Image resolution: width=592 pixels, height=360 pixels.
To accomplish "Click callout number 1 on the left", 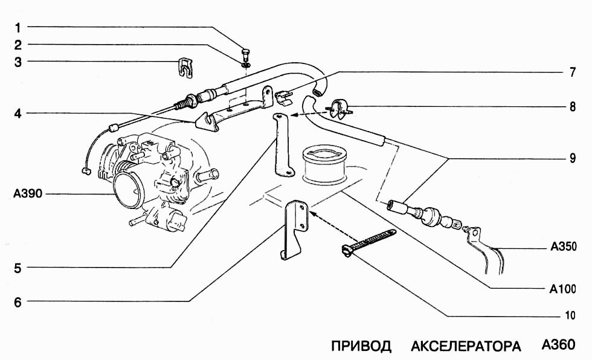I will [x=18, y=27].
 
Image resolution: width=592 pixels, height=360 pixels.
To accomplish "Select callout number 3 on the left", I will [x=18, y=62].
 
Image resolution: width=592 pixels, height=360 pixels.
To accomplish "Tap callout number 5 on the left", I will [x=18, y=268].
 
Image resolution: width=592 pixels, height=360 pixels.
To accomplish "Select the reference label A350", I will [x=563, y=247].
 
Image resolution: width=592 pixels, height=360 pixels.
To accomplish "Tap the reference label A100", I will [x=563, y=289].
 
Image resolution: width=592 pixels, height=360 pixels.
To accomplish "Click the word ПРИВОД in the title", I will [x=361, y=346].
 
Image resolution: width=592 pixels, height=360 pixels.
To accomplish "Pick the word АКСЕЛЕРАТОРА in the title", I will [x=466, y=346].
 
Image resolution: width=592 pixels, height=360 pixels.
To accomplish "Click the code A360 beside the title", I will [x=558, y=346].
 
